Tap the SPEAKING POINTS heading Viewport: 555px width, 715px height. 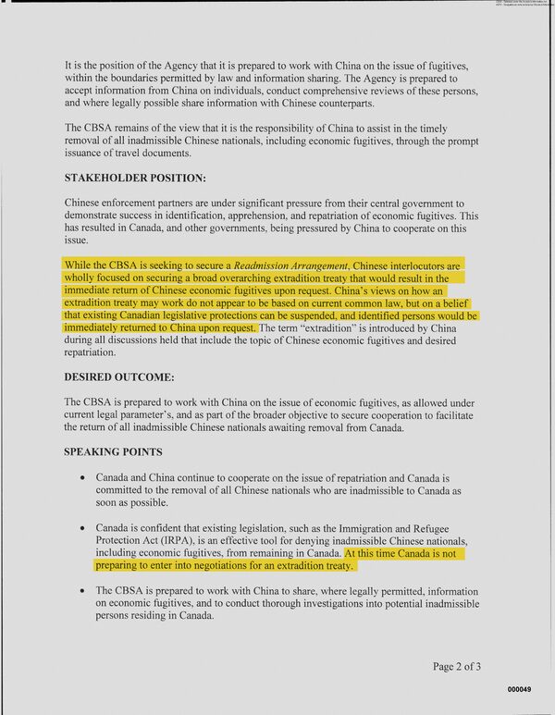click(x=113, y=452)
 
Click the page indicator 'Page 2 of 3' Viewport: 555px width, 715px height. click(x=464, y=666)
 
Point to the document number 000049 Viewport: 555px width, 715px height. click(x=519, y=690)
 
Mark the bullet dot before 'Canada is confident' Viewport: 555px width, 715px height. click(x=85, y=527)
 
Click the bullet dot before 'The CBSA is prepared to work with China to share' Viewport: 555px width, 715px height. click(x=85, y=590)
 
